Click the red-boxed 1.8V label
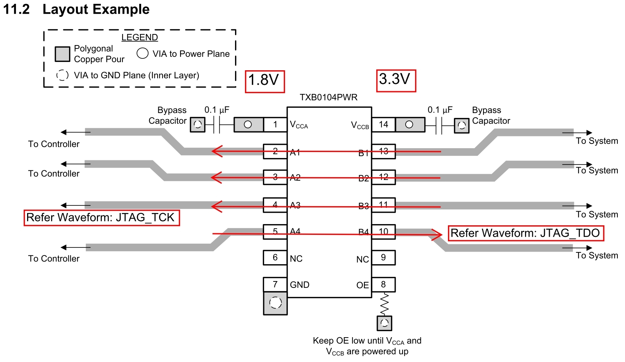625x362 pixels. click(x=264, y=81)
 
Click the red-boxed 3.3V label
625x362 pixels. click(x=396, y=80)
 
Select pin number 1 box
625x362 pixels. click(x=275, y=124)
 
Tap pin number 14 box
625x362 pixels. click(x=383, y=124)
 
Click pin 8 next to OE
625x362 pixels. click(x=383, y=284)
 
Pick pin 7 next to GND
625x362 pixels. click(x=275, y=284)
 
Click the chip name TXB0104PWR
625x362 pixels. click(x=329, y=97)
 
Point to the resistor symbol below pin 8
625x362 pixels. click(x=384, y=304)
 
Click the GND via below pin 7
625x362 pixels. click(x=275, y=303)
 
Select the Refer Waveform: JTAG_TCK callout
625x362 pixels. click(x=101, y=218)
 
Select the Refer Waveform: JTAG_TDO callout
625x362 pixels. click(x=525, y=233)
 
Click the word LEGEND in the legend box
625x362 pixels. click(x=140, y=37)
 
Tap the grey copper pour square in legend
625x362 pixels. click(x=62, y=54)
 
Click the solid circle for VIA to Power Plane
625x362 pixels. click(x=142, y=53)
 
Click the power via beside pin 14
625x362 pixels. click(x=409, y=124)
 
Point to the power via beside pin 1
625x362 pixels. click(x=248, y=124)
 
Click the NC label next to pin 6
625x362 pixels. click(x=296, y=259)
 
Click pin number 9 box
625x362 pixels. click(x=383, y=258)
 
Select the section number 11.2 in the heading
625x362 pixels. click(x=16, y=9)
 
